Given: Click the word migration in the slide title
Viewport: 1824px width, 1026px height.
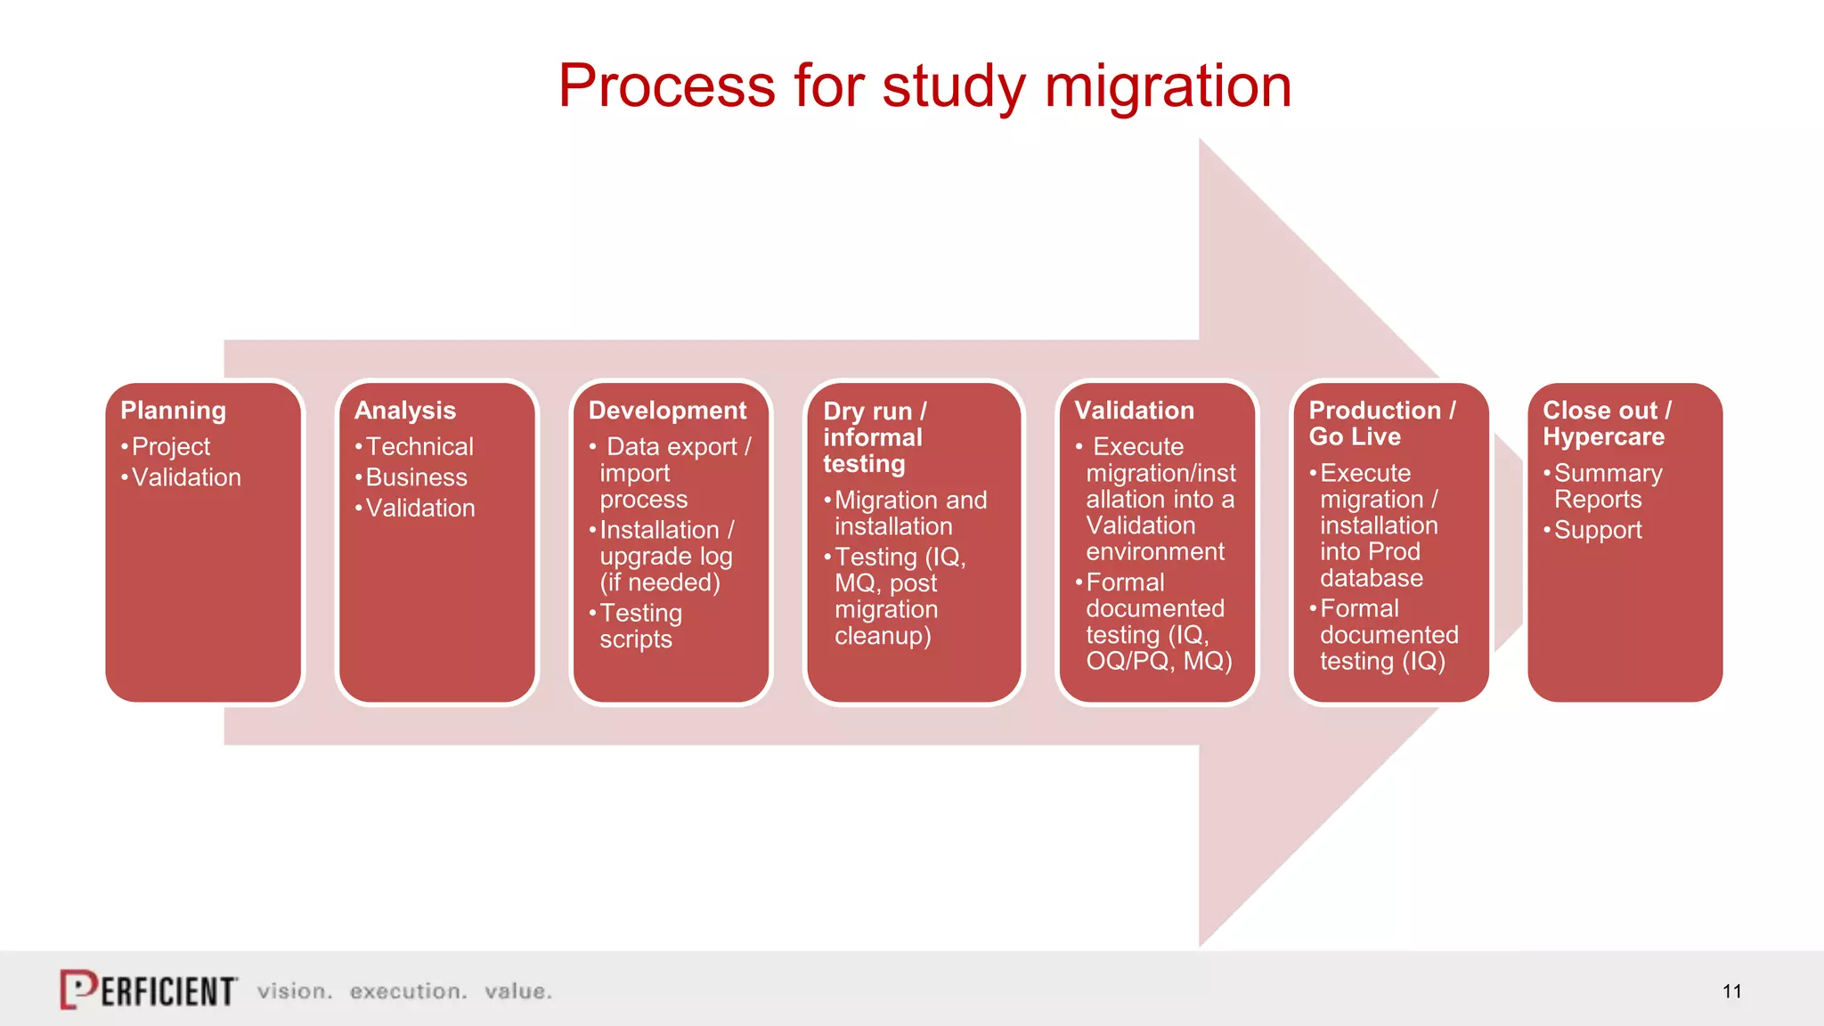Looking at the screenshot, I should coord(1167,87).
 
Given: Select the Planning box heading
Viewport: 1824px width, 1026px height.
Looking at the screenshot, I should coord(174,411).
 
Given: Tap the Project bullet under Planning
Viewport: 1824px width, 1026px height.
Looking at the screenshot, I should coord(170,446).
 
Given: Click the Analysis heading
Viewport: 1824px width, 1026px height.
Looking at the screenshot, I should coord(405,411).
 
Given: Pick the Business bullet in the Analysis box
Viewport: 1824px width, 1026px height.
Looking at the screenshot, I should coord(416,477).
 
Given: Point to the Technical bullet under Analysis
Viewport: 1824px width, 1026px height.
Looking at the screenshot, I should coord(419,446).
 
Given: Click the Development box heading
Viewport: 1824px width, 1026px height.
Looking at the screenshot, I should coord(667,411).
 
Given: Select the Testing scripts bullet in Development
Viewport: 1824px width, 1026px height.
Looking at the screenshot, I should coord(639,626).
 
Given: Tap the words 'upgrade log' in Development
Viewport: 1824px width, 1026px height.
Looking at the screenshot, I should coord(665,557).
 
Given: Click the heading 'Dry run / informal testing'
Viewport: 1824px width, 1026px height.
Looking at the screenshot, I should coord(874,437).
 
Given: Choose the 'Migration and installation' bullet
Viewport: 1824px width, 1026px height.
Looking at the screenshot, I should coord(908,513).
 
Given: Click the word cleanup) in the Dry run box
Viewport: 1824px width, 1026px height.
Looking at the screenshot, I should coord(882,636).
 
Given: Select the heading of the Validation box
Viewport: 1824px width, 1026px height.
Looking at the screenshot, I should coord(1134,411).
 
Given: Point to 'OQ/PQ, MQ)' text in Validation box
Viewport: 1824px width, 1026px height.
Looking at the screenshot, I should coord(1159,661).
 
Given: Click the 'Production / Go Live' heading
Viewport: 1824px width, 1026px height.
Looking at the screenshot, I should coord(1380,423).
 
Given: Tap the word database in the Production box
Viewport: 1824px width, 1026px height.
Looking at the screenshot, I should coord(1371,578).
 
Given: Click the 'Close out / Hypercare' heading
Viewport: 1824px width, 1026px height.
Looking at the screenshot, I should coord(1606,423).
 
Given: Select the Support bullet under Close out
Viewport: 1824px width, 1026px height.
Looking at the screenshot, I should coord(1597,530).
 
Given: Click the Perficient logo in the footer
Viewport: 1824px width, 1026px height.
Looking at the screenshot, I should coord(149,989).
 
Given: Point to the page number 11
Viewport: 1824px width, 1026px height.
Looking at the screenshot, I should coord(1731,991).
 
